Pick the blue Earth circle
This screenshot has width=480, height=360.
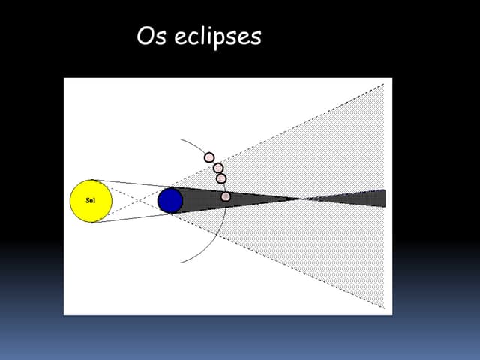click(171, 200)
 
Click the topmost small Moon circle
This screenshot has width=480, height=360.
click(210, 157)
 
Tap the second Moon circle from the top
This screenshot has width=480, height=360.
click(218, 168)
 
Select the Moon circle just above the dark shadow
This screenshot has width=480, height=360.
click(221, 178)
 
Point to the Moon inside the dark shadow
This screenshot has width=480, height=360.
click(226, 196)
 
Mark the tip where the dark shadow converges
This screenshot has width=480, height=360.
click(300, 199)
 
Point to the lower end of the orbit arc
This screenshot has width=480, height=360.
click(181, 262)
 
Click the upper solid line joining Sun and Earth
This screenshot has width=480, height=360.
click(131, 184)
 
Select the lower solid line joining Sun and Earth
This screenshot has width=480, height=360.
click(131, 218)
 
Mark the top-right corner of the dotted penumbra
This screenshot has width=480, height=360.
click(384, 85)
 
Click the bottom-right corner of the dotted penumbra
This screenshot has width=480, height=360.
click(384, 309)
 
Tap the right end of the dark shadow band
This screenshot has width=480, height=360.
click(384, 199)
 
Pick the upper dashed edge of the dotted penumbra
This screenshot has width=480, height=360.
click(285, 136)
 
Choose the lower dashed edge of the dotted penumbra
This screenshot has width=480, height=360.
click(285, 262)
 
